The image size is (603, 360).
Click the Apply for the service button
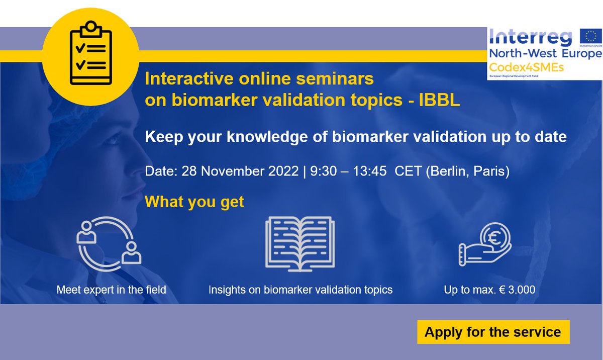[x=493, y=332]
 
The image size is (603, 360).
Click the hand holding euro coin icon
[x=484, y=245]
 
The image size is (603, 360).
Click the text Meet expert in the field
[x=111, y=290]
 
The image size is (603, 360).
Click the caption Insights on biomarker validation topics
[x=300, y=290]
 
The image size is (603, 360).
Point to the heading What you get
[x=194, y=202]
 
